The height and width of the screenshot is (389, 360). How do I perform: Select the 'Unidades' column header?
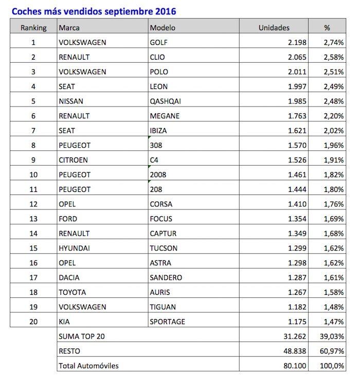[x=274, y=28]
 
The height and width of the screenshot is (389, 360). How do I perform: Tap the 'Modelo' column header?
[x=161, y=28]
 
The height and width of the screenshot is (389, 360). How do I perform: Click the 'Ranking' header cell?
[x=33, y=28]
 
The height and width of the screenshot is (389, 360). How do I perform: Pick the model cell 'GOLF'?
[x=158, y=42]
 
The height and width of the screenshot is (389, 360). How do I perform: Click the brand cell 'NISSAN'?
[x=71, y=101]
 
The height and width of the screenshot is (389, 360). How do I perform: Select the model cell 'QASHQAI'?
[x=165, y=101]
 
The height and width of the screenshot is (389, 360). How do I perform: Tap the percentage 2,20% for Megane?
[x=334, y=116]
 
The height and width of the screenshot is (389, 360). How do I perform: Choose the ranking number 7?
[x=33, y=131]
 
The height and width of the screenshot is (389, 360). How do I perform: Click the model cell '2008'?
[x=158, y=174]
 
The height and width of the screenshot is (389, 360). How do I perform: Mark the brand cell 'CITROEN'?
[x=73, y=160]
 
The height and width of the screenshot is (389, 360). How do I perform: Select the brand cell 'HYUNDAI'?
[x=74, y=248]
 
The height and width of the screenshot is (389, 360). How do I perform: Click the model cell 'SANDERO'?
[x=166, y=277]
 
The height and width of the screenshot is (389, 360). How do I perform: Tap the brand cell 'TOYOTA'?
[x=73, y=292]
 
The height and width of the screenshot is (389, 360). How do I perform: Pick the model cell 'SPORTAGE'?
[x=167, y=322]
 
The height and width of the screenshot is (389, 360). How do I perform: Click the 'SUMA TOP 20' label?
[x=83, y=337]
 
